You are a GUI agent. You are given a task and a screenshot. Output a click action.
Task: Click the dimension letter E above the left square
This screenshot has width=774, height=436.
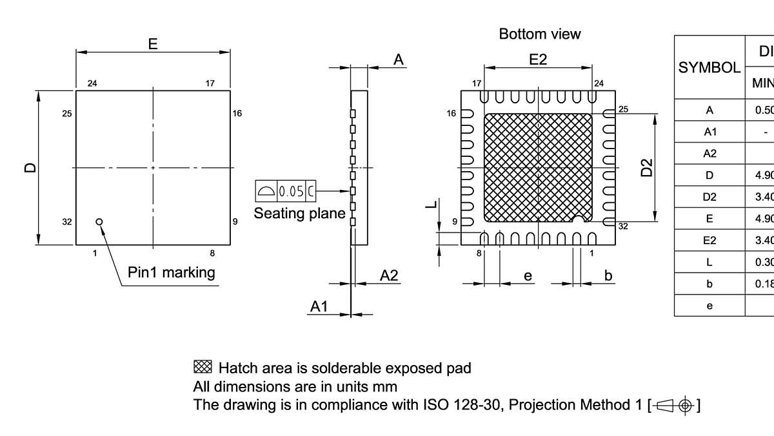(153, 44)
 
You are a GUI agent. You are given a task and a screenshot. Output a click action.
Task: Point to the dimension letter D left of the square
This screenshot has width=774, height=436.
(30, 168)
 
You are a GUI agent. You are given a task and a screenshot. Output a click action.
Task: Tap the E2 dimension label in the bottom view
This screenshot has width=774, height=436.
(538, 59)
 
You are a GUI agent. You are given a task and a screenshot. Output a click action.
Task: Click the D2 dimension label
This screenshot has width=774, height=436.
(647, 167)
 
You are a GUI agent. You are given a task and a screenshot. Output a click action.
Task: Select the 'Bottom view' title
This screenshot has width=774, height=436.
(540, 34)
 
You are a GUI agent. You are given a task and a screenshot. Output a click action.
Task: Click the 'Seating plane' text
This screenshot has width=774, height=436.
(299, 213)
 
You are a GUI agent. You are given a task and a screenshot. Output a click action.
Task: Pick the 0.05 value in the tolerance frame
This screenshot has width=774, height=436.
(291, 191)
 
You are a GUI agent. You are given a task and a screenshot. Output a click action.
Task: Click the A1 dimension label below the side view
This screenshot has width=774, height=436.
(319, 307)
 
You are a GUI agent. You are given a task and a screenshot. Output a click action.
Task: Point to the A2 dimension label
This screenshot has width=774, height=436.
(389, 276)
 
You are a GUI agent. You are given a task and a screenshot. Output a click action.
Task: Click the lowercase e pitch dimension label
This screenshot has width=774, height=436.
(528, 276)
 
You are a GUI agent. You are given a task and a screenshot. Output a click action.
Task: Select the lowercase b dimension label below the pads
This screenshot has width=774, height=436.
(608, 276)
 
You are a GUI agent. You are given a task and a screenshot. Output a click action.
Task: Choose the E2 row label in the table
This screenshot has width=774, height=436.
(709, 240)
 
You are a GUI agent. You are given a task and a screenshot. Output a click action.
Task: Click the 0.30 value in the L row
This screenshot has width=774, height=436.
(765, 262)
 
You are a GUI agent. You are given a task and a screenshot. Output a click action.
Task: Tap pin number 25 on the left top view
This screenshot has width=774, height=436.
(67, 114)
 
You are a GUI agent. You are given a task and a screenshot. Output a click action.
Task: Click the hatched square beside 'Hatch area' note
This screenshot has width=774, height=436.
(203, 368)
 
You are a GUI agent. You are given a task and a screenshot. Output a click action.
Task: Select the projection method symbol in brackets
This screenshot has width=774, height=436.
(674, 406)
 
